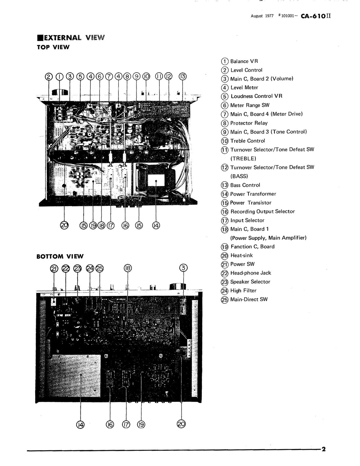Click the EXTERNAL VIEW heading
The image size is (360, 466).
[71, 38]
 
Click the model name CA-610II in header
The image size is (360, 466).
[316, 16]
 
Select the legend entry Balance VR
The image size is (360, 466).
[244, 61]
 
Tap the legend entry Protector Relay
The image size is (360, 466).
[248, 123]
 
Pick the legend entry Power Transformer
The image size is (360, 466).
[253, 194]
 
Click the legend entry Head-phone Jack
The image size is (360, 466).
[250, 273]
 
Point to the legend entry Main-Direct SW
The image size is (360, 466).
[248, 299]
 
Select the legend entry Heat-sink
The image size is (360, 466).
[241, 255]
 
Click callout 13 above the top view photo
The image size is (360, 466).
[183, 77]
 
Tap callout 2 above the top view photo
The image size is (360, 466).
[49, 77]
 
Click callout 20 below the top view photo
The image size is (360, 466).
[64, 225]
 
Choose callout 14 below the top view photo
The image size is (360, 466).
[156, 225]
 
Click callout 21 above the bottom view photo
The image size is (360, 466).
[54, 268]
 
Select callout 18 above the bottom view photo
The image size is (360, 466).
[128, 268]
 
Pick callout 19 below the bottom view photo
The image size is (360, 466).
[141, 425]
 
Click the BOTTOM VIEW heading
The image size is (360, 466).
[60, 257]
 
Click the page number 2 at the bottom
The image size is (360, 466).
[323, 449]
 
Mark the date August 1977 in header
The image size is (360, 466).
[262, 16]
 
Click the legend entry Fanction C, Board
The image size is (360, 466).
[252, 247]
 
